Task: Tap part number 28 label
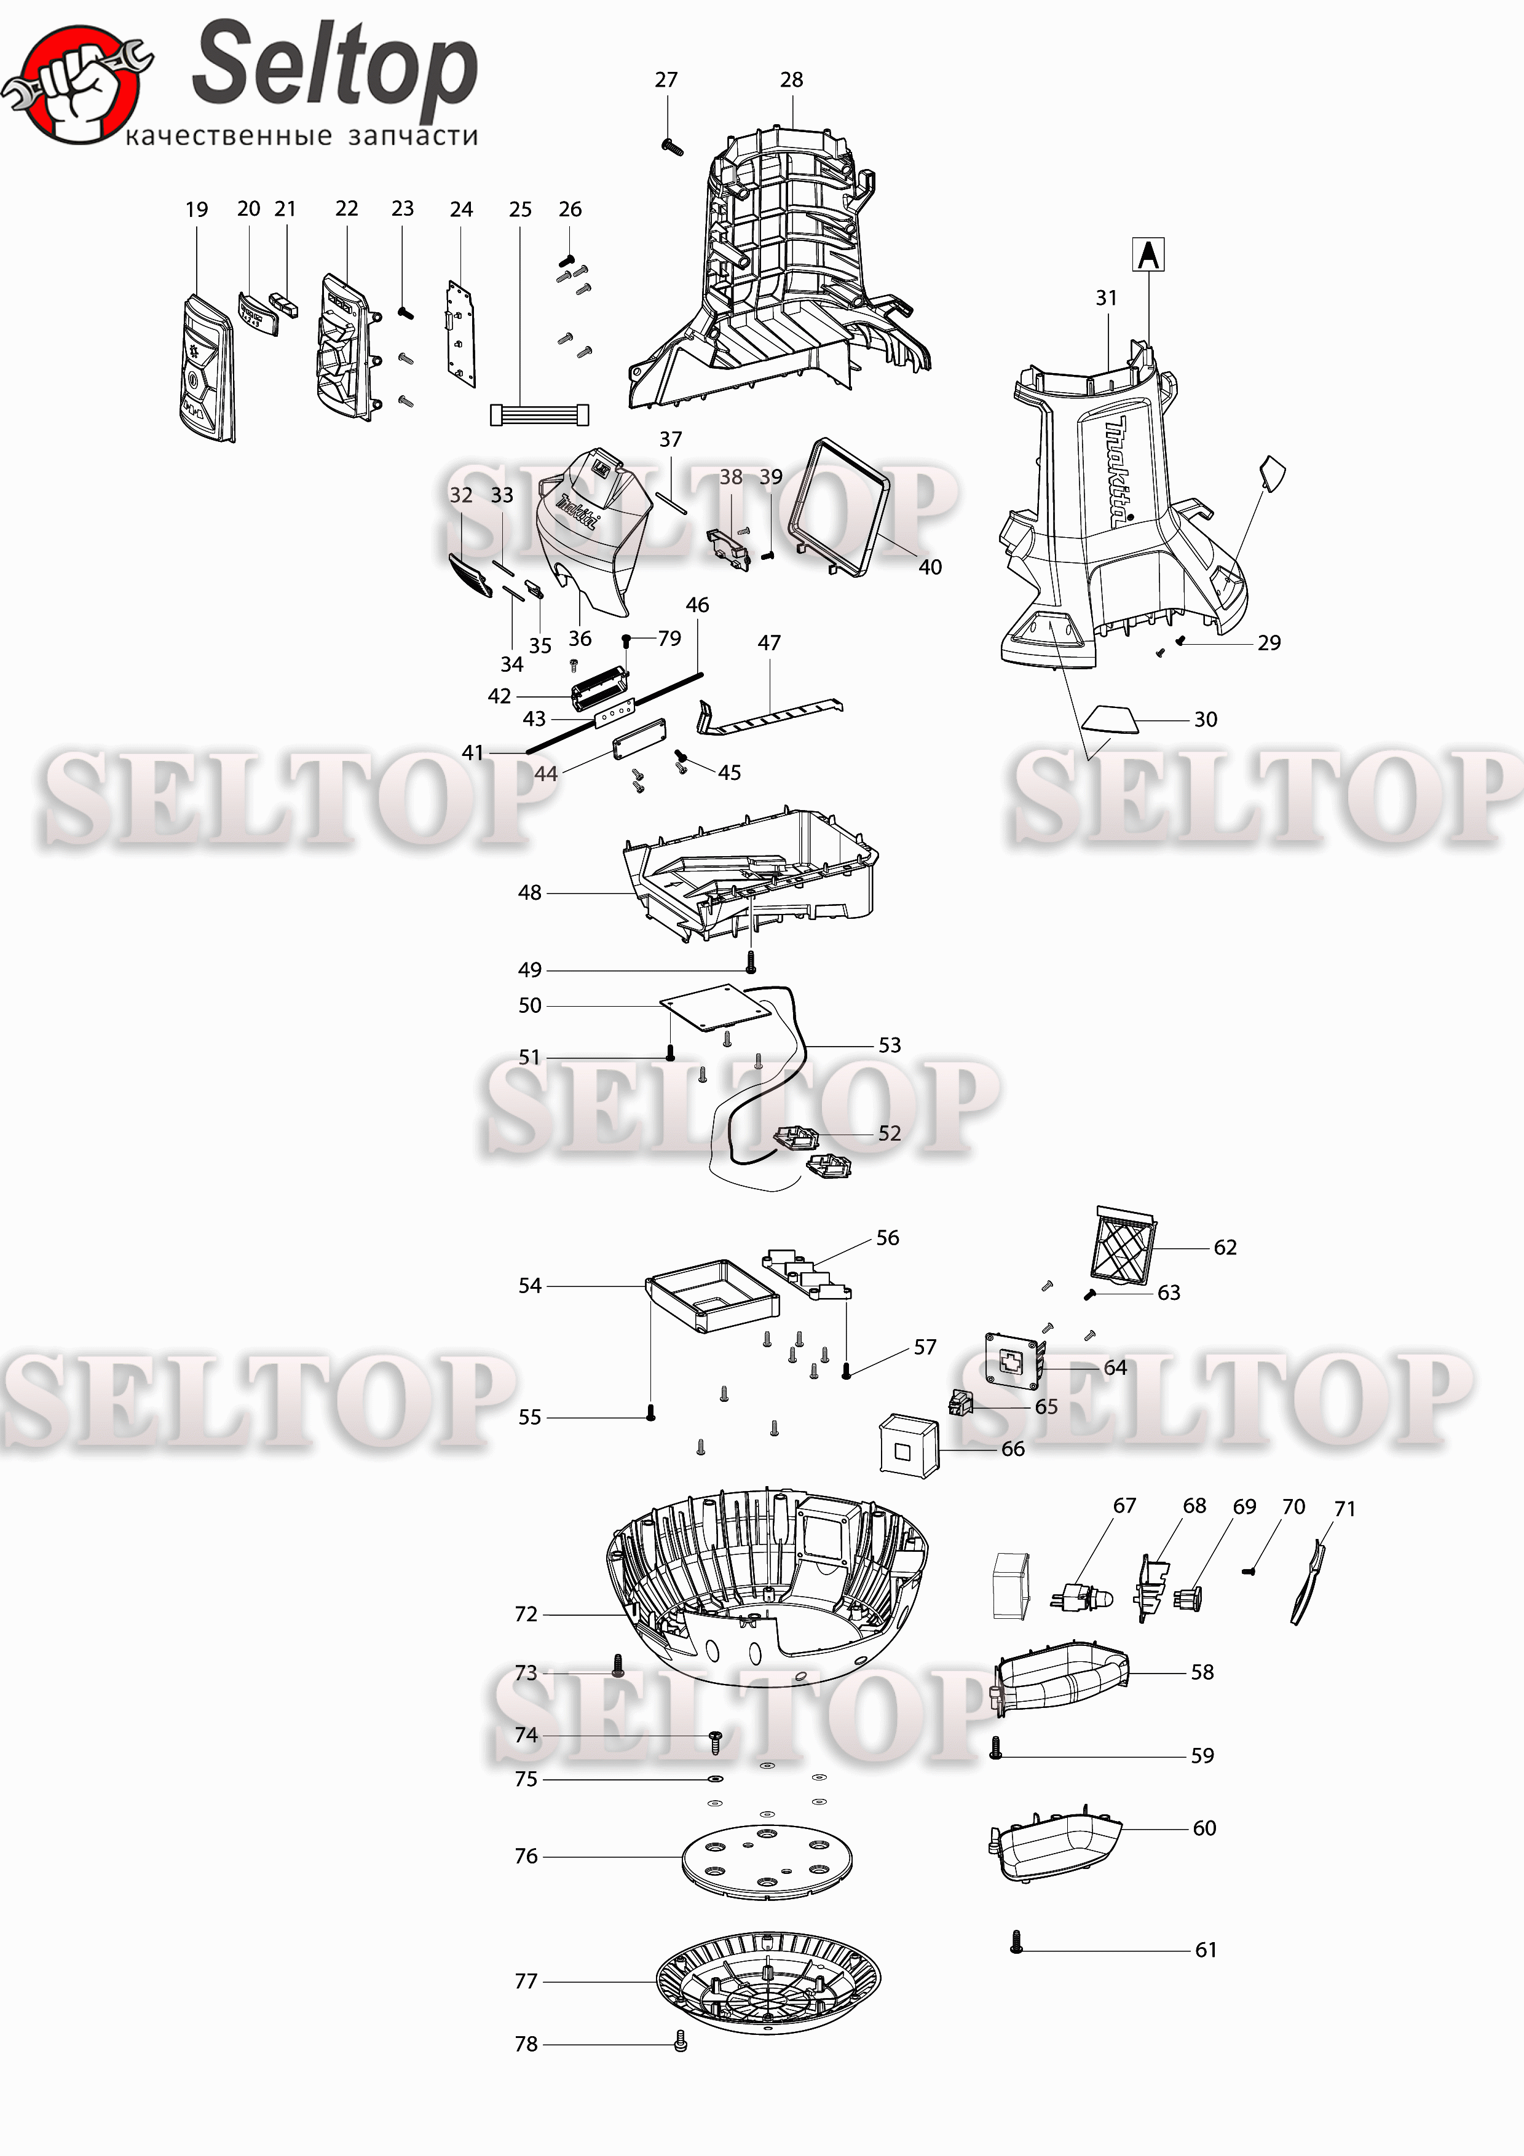tap(792, 80)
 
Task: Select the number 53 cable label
tap(889, 1045)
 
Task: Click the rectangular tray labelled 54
tap(713, 1295)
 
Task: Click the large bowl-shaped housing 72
tap(768, 1587)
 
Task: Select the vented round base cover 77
tap(768, 1981)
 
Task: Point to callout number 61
tap(1206, 1949)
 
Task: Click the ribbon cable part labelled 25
tap(540, 414)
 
